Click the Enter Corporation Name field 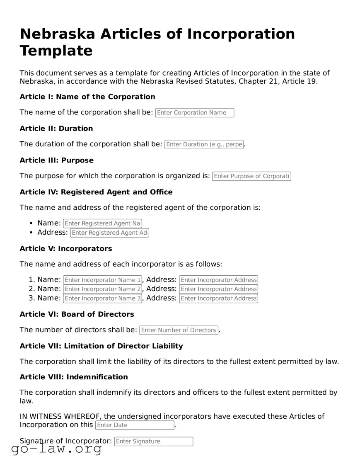[x=194, y=113]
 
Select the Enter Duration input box [x=204, y=144]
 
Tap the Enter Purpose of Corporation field [x=251, y=176]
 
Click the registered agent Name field [x=102, y=223]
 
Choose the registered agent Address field [x=109, y=233]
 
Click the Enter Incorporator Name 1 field [x=102, y=280]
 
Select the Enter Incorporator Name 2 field [x=102, y=289]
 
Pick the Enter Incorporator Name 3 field [x=102, y=299]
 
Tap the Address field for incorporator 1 [x=218, y=280]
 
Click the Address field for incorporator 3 [x=218, y=299]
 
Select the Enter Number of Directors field [x=179, y=330]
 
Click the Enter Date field [x=134, y=425]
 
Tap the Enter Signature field [x=153, y=442]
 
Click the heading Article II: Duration [x=56, y=129]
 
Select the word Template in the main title [x=56, y=51]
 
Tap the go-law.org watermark [x=56, y=449]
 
